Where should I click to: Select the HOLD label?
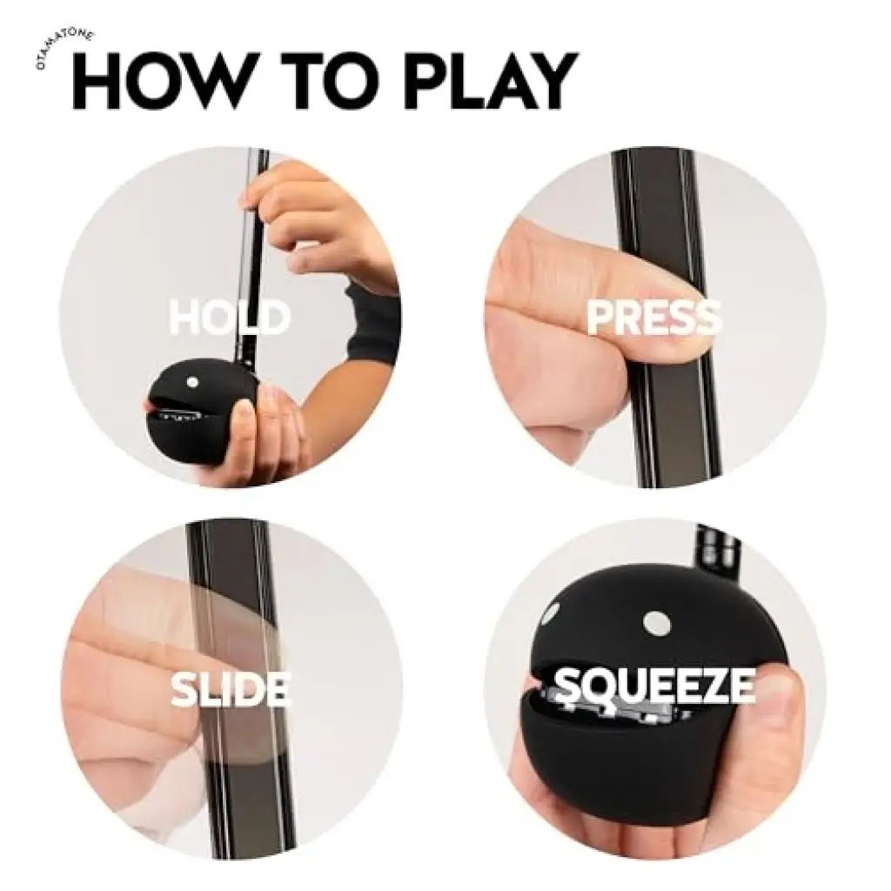230,316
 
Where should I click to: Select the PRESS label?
653,316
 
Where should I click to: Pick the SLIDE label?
231,688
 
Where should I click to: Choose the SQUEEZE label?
654,686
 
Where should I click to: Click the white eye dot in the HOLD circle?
193,381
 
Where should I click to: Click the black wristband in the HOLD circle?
372,324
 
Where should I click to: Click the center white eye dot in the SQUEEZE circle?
658,624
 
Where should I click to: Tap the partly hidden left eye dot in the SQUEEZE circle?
550,613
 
